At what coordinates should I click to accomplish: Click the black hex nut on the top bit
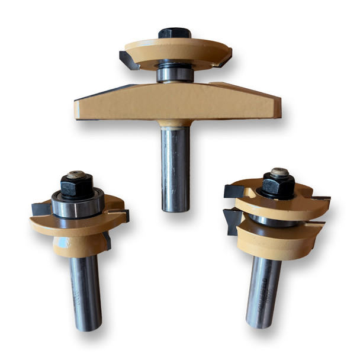point(173,33)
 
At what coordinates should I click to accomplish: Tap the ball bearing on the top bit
point(175,73)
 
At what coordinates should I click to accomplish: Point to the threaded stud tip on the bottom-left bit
point(75,175)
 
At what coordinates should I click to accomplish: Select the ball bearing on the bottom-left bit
point(77,205)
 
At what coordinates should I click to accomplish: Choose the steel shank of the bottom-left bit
point(85,290)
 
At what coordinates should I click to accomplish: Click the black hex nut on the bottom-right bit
point(278,187)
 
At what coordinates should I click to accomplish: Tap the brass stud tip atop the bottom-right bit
point(279,173)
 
